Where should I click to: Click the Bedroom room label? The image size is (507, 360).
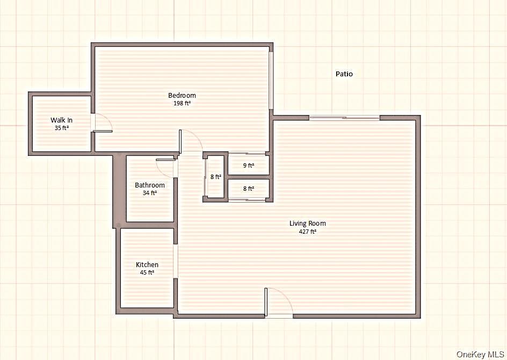tap(182, 96)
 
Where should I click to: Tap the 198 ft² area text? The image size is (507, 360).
tap(182, 104)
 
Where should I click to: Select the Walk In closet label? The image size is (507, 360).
tap(62, 120)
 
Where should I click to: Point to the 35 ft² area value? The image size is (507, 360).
tap(62, 128)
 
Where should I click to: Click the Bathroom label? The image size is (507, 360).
tap(150, 185)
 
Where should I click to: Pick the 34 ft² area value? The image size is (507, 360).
tap(150, 193)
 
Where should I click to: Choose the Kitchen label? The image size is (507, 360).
tap(147, 264)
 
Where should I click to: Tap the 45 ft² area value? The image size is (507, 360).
tap(147, 272)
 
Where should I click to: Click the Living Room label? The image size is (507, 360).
tap(308, 224)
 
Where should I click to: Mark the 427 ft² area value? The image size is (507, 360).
tap(308, 232)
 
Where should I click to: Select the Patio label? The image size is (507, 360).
tap(344, 74)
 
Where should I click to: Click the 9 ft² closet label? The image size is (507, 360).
tap(248, 165)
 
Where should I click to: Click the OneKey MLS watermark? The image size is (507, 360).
tap(480, 355)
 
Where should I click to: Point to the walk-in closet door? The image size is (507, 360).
tap(102, 123)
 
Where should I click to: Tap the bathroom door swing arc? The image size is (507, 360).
tap(163, 167)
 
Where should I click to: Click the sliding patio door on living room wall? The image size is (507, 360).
tap(344, 118)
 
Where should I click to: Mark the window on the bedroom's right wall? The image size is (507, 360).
tap(271, 80)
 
